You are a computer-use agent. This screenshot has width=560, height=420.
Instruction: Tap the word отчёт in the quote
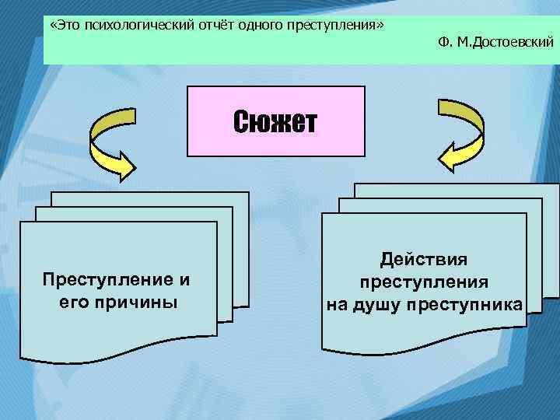pos(207,26)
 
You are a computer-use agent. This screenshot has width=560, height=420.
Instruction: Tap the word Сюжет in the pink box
pos(275,122)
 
